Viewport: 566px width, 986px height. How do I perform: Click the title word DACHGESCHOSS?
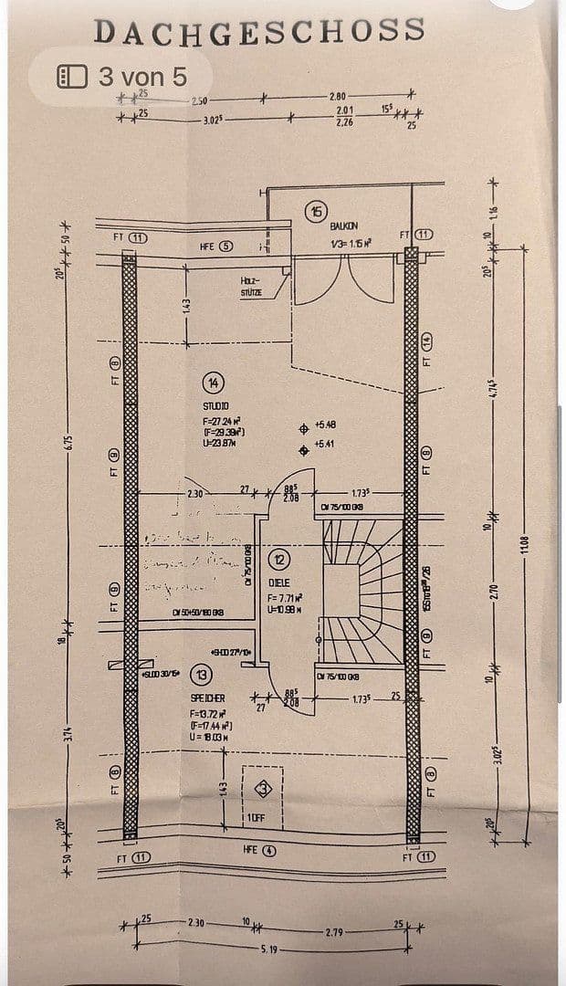point(259,30)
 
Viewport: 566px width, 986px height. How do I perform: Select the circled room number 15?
point(316,211)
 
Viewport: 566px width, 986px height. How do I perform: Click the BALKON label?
point(344,226)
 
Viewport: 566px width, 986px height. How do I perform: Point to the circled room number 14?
point(213,383)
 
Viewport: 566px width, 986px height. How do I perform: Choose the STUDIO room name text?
point(216,405)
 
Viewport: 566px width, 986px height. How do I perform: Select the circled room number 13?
point(201,675)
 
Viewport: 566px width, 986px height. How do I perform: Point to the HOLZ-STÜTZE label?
point(251,288)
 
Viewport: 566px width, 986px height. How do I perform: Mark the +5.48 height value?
point(325,425)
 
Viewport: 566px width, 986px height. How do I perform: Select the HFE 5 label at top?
point(216,246)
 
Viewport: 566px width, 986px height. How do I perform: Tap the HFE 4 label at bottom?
point(258,850)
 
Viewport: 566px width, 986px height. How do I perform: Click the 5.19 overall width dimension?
point(268,950)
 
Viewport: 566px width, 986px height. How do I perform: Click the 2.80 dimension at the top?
point(338,97)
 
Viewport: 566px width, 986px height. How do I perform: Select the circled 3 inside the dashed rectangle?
point(265,788)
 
